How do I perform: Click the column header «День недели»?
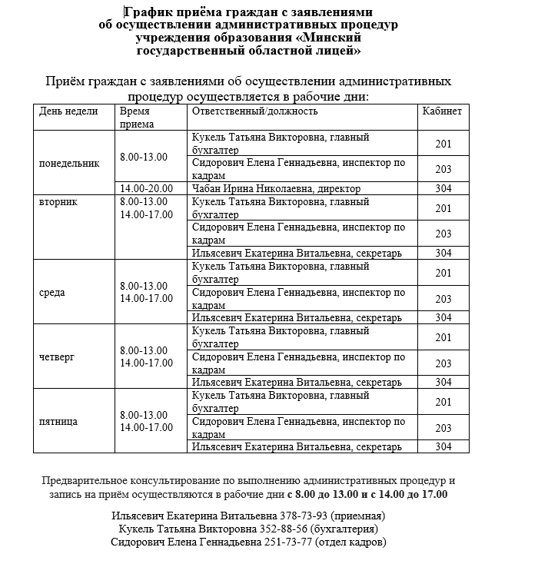point(68,111)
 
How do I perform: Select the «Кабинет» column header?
point(442,111)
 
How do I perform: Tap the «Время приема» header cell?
point(138,117)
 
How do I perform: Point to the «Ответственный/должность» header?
point(254,111)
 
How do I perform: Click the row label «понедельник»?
point(69,163)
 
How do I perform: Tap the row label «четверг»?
point(57,356)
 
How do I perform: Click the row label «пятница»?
point(58,421)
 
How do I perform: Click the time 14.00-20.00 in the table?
point(147,188)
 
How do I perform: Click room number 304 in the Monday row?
point(443,188)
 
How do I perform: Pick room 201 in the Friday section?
point(443,402)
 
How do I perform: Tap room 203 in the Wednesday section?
point(443,298)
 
